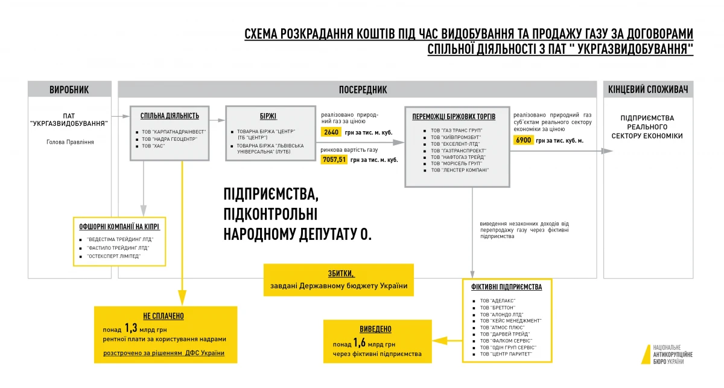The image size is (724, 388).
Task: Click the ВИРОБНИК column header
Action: point(69,90)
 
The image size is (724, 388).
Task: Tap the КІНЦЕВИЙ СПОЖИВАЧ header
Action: point(648,90)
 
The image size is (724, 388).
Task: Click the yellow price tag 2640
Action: point(331,132)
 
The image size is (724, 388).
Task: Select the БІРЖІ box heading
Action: point(270,116)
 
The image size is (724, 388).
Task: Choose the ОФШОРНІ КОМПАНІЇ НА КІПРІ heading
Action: point(119,227)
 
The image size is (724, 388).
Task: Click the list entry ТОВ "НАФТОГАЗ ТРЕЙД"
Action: point(457,157)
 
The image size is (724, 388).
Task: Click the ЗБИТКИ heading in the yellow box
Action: point(338,273)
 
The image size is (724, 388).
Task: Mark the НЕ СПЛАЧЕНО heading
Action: point(164,315)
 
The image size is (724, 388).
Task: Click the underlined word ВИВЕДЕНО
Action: point(376,329)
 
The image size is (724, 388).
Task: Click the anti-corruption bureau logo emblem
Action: point(645,355)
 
